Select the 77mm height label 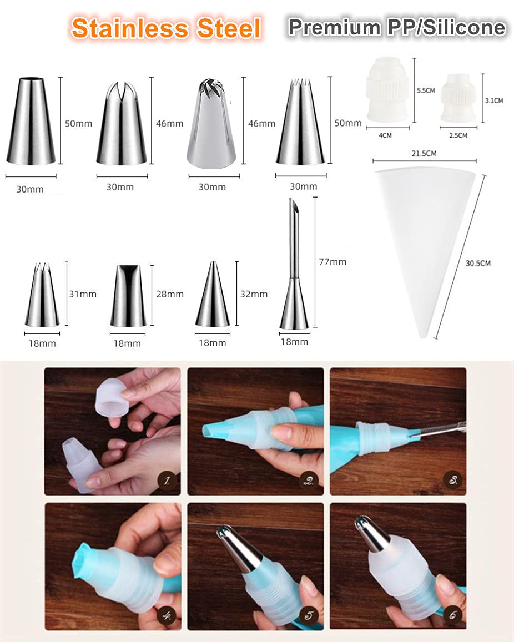tap(332, 262)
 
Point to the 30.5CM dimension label tap(478, 263)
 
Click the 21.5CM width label tap(424, 154)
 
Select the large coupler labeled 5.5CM tap(387, 89)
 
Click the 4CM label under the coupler tap(385, 135)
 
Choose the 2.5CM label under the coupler tap(458, 135)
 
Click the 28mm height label tap(170, 294)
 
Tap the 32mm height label tap(254, 294)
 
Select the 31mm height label tap(83, 294)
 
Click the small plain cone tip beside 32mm tap(213, 295)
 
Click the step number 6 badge tap(453, 615)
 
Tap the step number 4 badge tap(167, 615)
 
